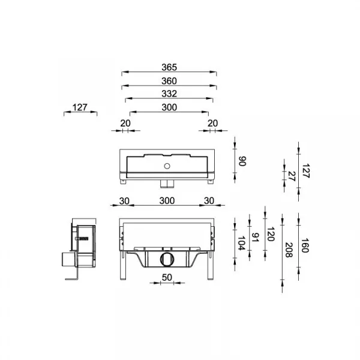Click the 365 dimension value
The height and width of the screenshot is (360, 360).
click(x=169, y=67)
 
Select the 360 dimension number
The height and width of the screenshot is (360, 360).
click(x=169, y=81)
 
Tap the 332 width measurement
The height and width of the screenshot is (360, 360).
click(x=169, y=94)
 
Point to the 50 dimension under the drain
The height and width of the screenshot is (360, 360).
click(x=167, y=277)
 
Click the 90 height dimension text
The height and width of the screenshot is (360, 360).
click(x=242, y=161)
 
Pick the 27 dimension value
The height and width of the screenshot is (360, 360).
click(x=292, y=176)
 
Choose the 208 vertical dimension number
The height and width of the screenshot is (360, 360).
click(x=289, y=250)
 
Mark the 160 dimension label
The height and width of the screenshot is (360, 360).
click(x=305, y=245)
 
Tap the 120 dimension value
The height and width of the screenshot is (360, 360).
click(x=271, y=234)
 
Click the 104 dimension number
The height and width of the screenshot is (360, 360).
click(x=241, y=244)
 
